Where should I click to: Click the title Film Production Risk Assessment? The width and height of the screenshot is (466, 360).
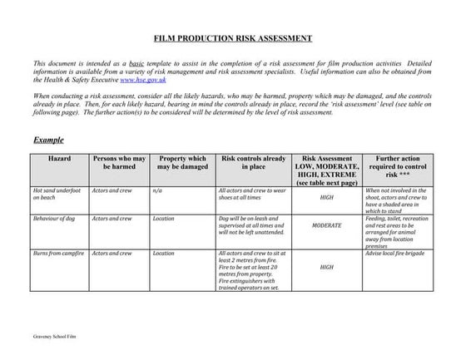234,38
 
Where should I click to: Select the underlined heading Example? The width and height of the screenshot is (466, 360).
48,141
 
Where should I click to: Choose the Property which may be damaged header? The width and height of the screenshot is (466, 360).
182,162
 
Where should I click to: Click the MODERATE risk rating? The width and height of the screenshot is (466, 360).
327,225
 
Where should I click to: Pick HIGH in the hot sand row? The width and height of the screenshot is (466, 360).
327,199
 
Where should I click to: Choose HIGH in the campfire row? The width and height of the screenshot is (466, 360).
327,268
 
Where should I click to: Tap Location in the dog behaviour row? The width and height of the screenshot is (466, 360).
164,219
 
